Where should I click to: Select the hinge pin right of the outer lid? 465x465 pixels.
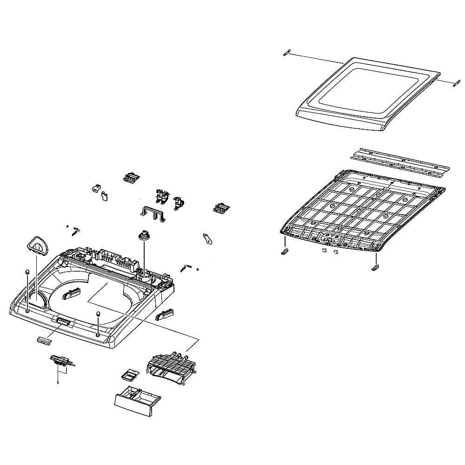455,84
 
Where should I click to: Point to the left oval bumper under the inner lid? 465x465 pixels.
284,251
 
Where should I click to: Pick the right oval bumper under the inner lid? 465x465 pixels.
376,267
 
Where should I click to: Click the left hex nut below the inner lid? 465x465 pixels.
323,251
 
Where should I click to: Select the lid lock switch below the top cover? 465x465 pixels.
61,360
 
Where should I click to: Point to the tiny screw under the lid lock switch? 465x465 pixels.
57,382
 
